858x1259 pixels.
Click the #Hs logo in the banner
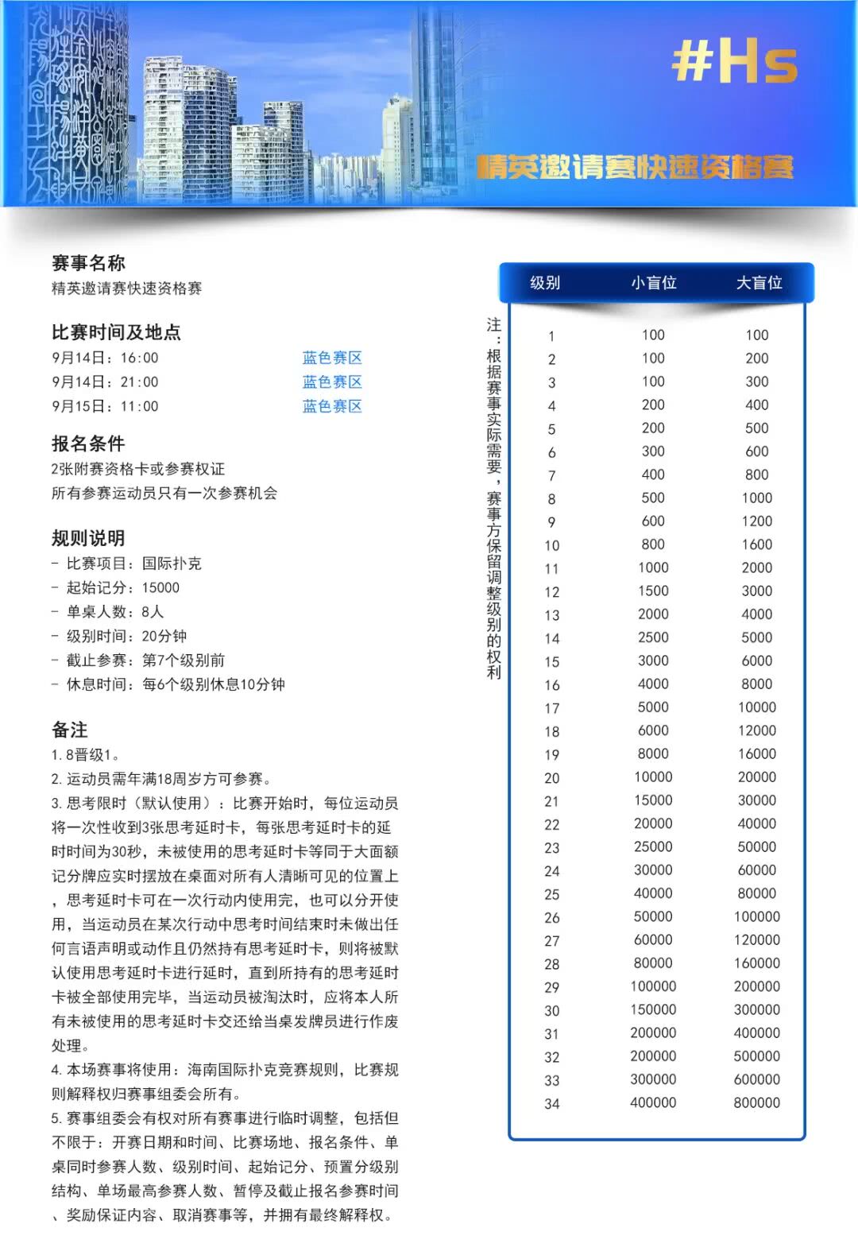click(x=734, y=63)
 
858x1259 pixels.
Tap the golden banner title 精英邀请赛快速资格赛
click(x=636, y=167)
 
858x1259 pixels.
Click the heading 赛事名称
click(x=88, y=263)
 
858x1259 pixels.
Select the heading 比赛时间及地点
click(x=116, y=332)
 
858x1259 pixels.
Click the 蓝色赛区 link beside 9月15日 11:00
click(x=332, y=406)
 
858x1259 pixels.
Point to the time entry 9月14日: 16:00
click(x=105, y=358)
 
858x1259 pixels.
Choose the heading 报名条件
click(x=88, y=444)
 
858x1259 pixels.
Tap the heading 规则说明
click(x=88, y=538)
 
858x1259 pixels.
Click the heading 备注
click(x=70, y=730)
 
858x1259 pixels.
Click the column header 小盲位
click(x=653, y=283)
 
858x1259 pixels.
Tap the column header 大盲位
click(x=759, y=283)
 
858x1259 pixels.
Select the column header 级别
click(x=545, y=283)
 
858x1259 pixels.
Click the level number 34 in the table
click(x=552, y=1104)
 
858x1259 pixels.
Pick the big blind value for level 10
click(x=756, y=544)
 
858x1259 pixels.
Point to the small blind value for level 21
click(x=653, y=800)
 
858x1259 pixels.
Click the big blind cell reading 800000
click(x=756, y=1102)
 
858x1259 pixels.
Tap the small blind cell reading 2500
click(x=653, y=637)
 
